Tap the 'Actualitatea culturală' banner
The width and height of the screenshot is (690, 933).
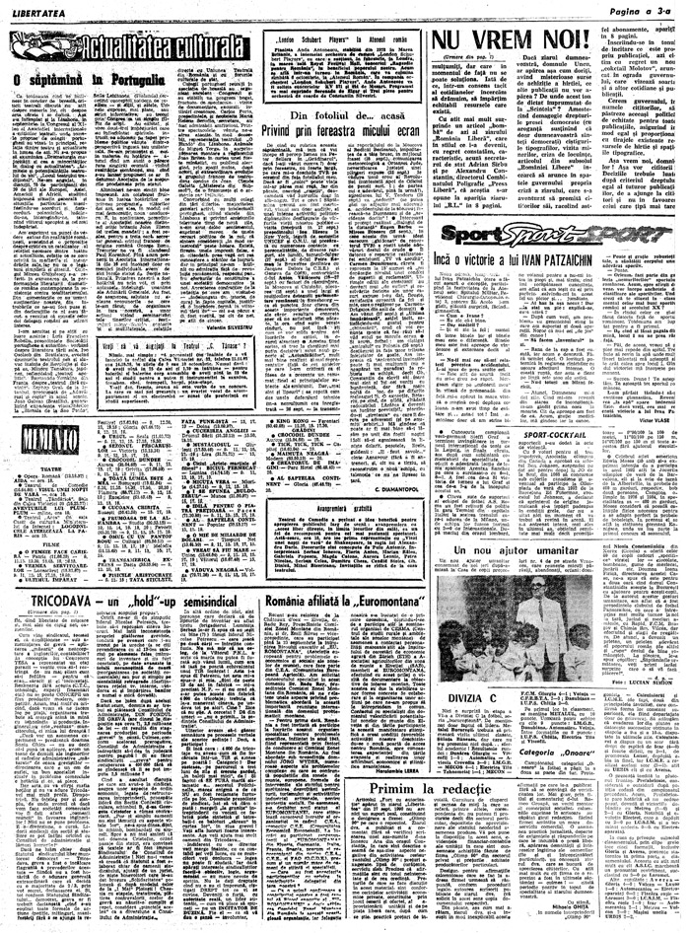(x=127, y=45)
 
